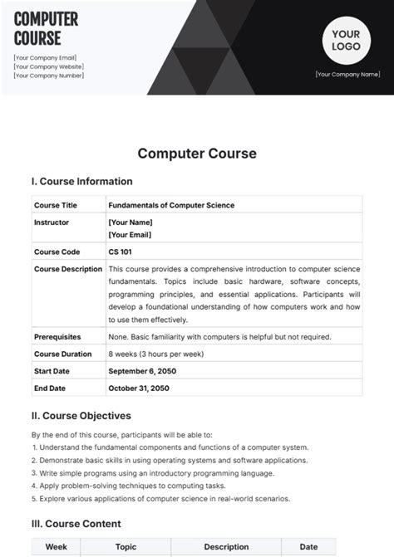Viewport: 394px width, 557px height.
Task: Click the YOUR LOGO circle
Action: click(347, 40)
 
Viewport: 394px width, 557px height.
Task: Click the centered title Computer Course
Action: click(197, 154)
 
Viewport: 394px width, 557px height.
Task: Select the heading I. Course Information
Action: click(81, 182)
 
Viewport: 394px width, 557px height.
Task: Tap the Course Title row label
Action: click(55, 205)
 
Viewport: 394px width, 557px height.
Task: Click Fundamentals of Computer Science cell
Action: click(171, 205)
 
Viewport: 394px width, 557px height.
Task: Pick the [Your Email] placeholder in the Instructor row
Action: click(130, 235)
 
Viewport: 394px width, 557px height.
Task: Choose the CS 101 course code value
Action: click(120, 252)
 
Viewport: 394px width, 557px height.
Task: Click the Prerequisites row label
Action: click(57, 337)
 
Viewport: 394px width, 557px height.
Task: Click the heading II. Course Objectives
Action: click(81, 416)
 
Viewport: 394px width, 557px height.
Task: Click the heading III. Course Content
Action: click(76, 524)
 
